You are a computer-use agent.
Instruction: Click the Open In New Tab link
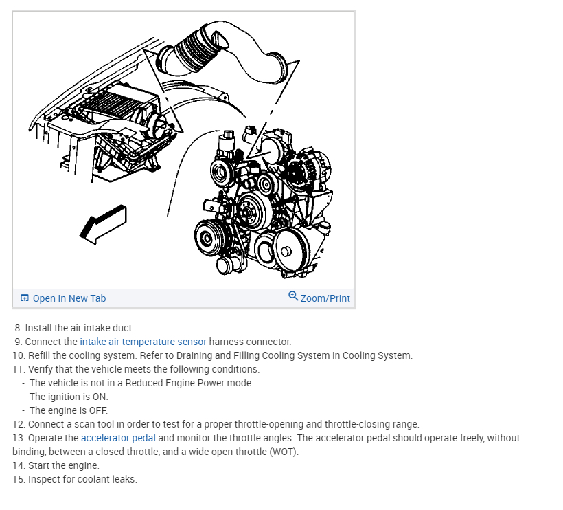click(69, 298)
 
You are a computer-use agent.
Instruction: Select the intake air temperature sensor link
click(143, 342)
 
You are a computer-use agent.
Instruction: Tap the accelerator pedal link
click(118, 438)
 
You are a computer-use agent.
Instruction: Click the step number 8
click(19, 328)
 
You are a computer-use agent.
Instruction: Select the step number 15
click(18, 479)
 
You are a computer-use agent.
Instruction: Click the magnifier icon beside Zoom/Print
click(293, 296)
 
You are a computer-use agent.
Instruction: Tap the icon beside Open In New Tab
click(25, 298)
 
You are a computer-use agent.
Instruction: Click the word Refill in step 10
click(40, 355)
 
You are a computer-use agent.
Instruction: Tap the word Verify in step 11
click(41, 369)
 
